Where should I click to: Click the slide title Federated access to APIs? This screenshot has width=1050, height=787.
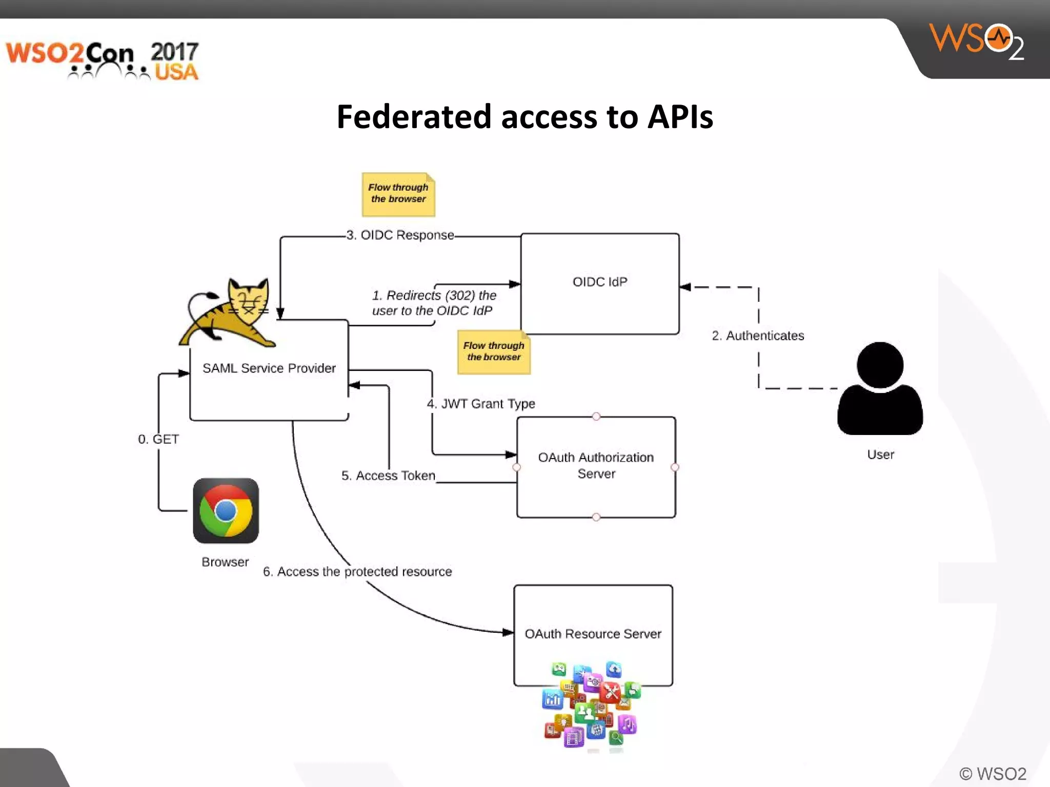(x=524, y=117)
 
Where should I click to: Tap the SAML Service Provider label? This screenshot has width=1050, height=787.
(x=269, y=368)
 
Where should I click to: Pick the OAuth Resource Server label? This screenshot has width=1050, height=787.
(x=593, y=634)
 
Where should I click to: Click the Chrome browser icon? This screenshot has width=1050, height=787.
(x=226, y=511)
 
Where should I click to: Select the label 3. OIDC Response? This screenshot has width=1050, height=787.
(x=400, y=235)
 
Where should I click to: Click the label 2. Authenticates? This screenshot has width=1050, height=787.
(x=758, y=336)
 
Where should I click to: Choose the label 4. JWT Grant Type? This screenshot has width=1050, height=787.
(x=481, y=404)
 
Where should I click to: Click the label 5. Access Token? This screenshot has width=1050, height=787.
(x=388, y=475)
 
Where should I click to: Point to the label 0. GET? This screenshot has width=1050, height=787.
(x=158, y=439)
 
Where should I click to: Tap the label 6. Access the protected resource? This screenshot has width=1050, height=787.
(x=357, y=571)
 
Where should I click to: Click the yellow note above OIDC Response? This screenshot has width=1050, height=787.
(x=398, y=194)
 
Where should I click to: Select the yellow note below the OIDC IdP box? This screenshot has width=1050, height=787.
(x=494, y=352)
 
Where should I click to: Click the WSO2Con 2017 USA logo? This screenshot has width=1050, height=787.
(x=102, y=60)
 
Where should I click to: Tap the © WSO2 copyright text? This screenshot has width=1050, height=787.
(x=993, y=774)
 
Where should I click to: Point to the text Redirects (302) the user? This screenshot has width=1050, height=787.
(x=434, y=303)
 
